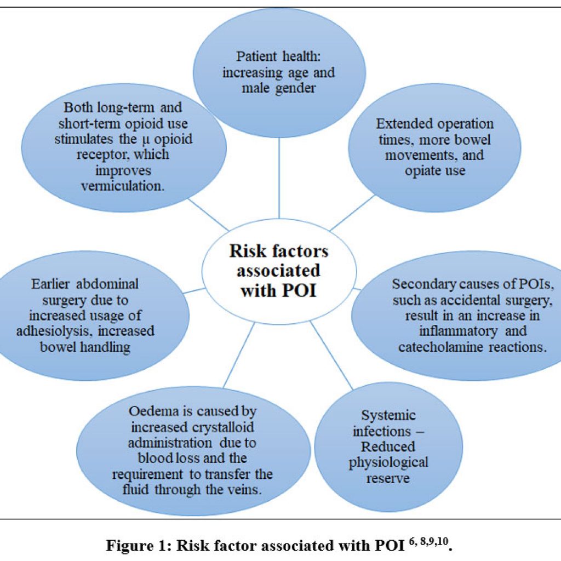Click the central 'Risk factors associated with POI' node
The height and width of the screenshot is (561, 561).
(280, 270)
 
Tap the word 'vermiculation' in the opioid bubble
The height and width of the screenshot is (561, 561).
(123, 185)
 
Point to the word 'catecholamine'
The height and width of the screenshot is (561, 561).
(437, 347)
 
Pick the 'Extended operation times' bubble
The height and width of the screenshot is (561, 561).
(434, 145)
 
